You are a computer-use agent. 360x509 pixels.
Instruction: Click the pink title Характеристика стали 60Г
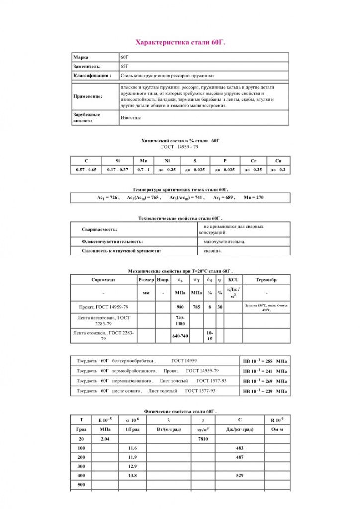180,43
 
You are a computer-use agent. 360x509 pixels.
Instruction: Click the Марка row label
82,58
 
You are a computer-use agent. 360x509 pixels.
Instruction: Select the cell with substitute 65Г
125,67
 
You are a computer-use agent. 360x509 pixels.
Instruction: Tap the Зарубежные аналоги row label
87,118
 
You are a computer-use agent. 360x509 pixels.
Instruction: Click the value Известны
131,118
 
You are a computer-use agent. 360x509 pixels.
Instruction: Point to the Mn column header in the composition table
143,161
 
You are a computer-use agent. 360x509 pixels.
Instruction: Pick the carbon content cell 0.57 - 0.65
86,170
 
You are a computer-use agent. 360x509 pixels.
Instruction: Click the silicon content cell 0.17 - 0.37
118,170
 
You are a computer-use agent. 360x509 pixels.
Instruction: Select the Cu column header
278,161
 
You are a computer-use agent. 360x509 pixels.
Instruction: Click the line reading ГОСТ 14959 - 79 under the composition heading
180,147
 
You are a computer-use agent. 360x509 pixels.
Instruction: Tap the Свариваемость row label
99,230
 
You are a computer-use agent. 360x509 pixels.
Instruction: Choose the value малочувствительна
224,242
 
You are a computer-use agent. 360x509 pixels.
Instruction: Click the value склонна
213,251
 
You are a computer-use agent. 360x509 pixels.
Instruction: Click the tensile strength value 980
180,307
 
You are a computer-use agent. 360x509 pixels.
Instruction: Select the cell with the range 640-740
180,336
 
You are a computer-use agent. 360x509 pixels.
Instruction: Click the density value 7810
203,439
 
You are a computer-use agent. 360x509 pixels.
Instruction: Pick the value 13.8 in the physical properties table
132,476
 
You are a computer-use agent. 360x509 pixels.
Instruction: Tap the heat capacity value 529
240,476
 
